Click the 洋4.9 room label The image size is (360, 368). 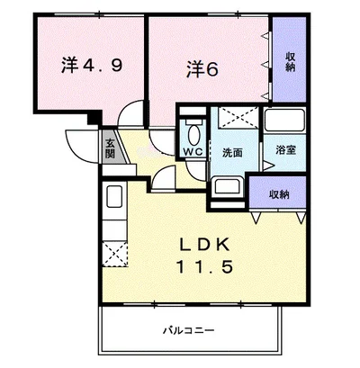point(92,65)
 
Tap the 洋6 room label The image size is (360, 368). point(202,69)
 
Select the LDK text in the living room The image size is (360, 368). point(205,244)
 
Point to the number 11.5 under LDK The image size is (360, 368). point(205,266)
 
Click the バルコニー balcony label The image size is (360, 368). point(189,330)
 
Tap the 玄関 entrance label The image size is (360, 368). point(110,148)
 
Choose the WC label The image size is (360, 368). point(193,152)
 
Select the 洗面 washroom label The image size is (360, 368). point(232,153)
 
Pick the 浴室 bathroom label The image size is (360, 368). point(286,150)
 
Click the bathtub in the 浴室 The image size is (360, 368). point(284,120)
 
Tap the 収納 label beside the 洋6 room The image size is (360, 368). point(290,61)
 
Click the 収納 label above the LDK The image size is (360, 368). point(279,195)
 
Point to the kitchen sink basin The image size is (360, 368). point(114,196)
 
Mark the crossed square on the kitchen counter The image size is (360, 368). point(115,254)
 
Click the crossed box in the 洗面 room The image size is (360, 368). point(238,118)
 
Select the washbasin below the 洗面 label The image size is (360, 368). point(227,187)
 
